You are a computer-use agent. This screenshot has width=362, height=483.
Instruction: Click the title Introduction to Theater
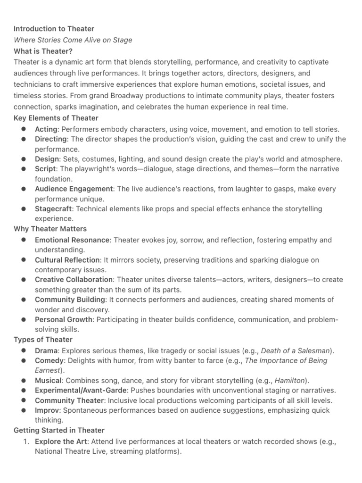coord(54,29)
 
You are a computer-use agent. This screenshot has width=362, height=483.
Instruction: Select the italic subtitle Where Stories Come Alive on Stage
coord(73,40)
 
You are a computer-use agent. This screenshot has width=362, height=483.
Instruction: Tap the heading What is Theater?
coord(43,51)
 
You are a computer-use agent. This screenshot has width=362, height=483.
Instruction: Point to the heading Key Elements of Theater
coord(56,118)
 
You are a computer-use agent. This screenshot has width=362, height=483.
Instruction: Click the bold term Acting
coord(46,129)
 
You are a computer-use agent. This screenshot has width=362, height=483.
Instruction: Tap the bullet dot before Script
coord(24,169)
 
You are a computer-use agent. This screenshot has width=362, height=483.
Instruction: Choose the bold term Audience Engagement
coord(74,189)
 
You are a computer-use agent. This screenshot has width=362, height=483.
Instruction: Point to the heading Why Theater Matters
coord(50,229)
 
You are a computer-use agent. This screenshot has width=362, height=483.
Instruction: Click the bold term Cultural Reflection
coord(67,260)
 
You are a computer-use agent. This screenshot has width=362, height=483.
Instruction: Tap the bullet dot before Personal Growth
coord(24,320)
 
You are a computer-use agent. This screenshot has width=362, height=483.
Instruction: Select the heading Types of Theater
coord(43,340)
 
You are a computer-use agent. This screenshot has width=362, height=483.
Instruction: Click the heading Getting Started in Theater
coord(59,430)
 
